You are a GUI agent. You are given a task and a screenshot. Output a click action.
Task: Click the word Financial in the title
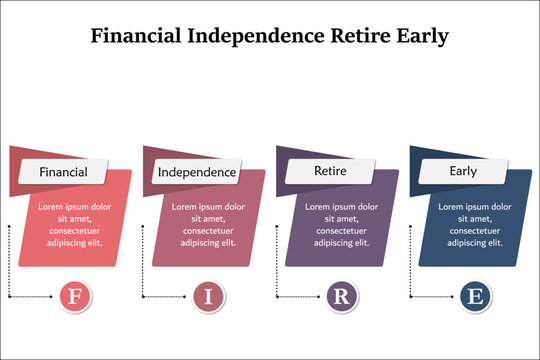(x=134, y=36)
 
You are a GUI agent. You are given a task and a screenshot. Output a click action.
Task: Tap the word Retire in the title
(x=363, y=36)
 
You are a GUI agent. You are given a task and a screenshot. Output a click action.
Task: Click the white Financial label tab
(x=63, y=172)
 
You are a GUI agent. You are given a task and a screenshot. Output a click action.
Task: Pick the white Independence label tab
(x=197, y=172)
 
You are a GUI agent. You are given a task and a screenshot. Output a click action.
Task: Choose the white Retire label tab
(x=330, y=171)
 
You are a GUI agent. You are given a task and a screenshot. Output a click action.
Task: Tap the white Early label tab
(x=463, y=171)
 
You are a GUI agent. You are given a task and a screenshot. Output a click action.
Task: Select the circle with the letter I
(x=208, y=296)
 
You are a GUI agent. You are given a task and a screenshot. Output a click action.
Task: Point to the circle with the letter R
(x=341, y=296)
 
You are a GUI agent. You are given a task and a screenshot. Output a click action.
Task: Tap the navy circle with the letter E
(x=475, y=296)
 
